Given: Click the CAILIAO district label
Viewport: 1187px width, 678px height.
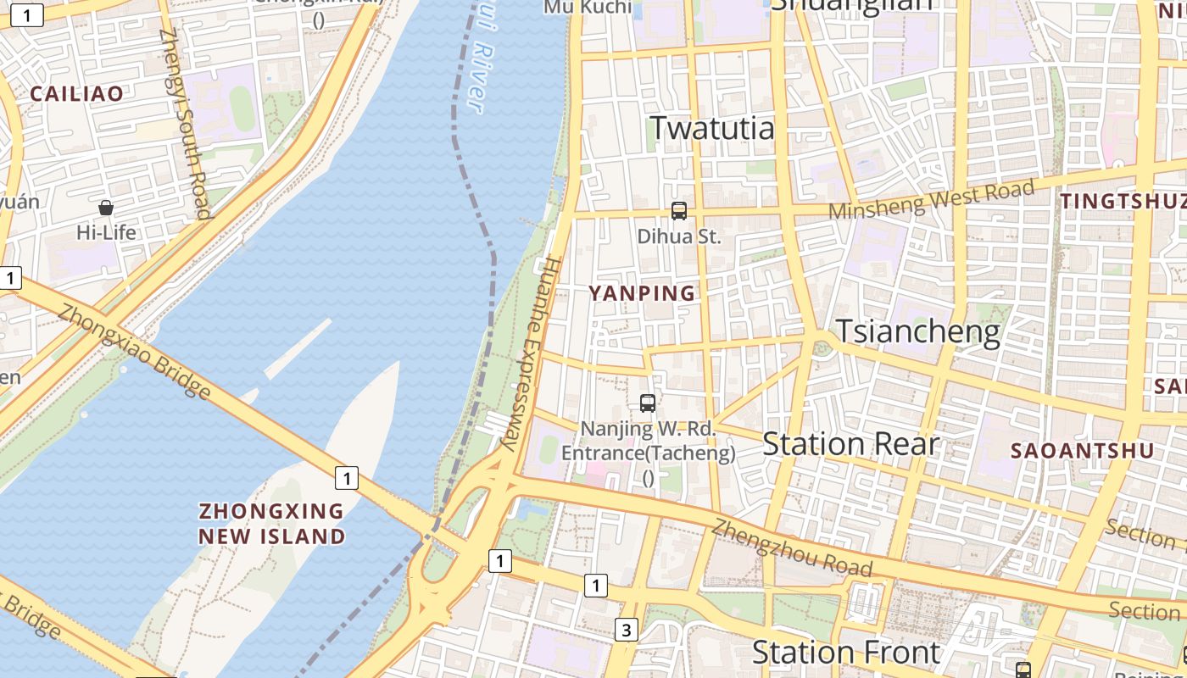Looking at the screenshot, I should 77,94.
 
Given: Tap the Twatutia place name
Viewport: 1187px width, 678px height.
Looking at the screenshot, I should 711,128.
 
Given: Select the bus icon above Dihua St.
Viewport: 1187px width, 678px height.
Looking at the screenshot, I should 678,211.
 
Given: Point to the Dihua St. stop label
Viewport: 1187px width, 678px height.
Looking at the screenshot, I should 678,236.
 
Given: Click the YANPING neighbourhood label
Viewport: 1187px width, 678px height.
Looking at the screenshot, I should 642,293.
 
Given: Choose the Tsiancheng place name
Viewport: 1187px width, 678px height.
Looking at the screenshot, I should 918,331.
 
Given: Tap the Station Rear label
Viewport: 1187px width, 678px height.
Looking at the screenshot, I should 850,444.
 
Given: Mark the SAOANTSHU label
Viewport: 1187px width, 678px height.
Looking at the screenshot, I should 1083,451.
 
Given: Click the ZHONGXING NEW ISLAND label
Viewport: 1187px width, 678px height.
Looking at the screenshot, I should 271,524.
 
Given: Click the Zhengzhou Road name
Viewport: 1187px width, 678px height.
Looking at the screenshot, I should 791,547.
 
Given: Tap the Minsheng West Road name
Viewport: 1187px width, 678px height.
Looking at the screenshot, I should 932,200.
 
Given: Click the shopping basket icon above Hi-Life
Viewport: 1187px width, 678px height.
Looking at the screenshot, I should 106,208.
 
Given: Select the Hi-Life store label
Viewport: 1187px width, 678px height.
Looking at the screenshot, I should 106,231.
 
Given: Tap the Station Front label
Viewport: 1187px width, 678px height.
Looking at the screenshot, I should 845,653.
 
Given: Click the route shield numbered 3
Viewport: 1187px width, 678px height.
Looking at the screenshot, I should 626,630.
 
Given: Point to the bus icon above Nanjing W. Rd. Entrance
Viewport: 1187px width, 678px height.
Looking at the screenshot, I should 648,403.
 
